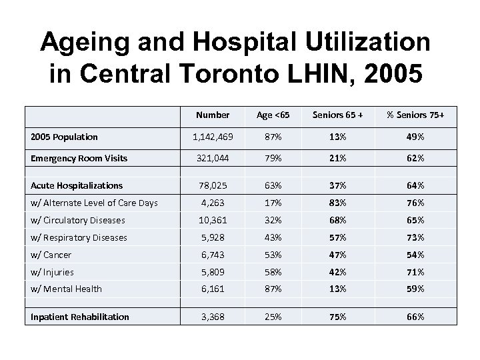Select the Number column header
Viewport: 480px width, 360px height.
click(213, 115)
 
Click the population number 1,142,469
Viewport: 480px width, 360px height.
click(213, 137)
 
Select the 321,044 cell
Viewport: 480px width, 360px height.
click(213, 159)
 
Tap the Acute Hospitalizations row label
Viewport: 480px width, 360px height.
click(77, 185)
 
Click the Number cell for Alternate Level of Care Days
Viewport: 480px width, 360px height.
click(213, 203)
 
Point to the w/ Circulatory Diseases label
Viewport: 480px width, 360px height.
click(78, 220)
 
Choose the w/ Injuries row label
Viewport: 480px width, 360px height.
click(53, 272)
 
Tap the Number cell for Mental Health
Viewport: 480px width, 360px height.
click(213, 289)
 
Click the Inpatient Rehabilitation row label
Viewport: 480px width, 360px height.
click(80, 317)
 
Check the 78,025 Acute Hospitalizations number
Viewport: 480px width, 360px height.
click(213, 185)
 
